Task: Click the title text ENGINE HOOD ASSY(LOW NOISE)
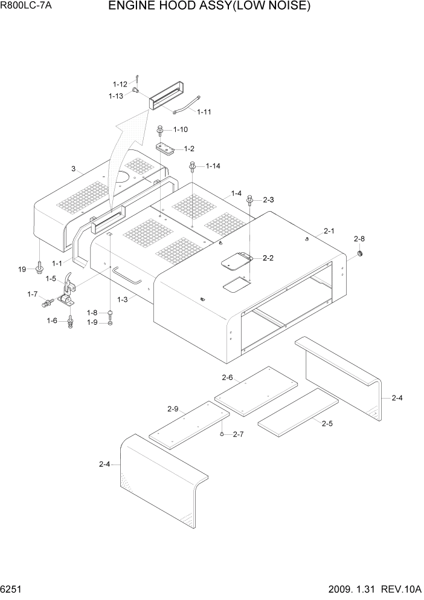click(209, 7)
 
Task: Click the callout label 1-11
click(204, 112)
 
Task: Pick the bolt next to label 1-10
click(161, 129)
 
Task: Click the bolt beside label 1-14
click(193, 166)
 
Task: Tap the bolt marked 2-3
click(250, 200)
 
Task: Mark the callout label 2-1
click(329, 230)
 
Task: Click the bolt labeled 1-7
click(46, 302)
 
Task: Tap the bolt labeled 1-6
click(71, 321)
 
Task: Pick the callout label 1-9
click(92, 322)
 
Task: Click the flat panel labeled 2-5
click(297, 408)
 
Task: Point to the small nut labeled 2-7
click(223, 434)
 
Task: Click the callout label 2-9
click(173, 409)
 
